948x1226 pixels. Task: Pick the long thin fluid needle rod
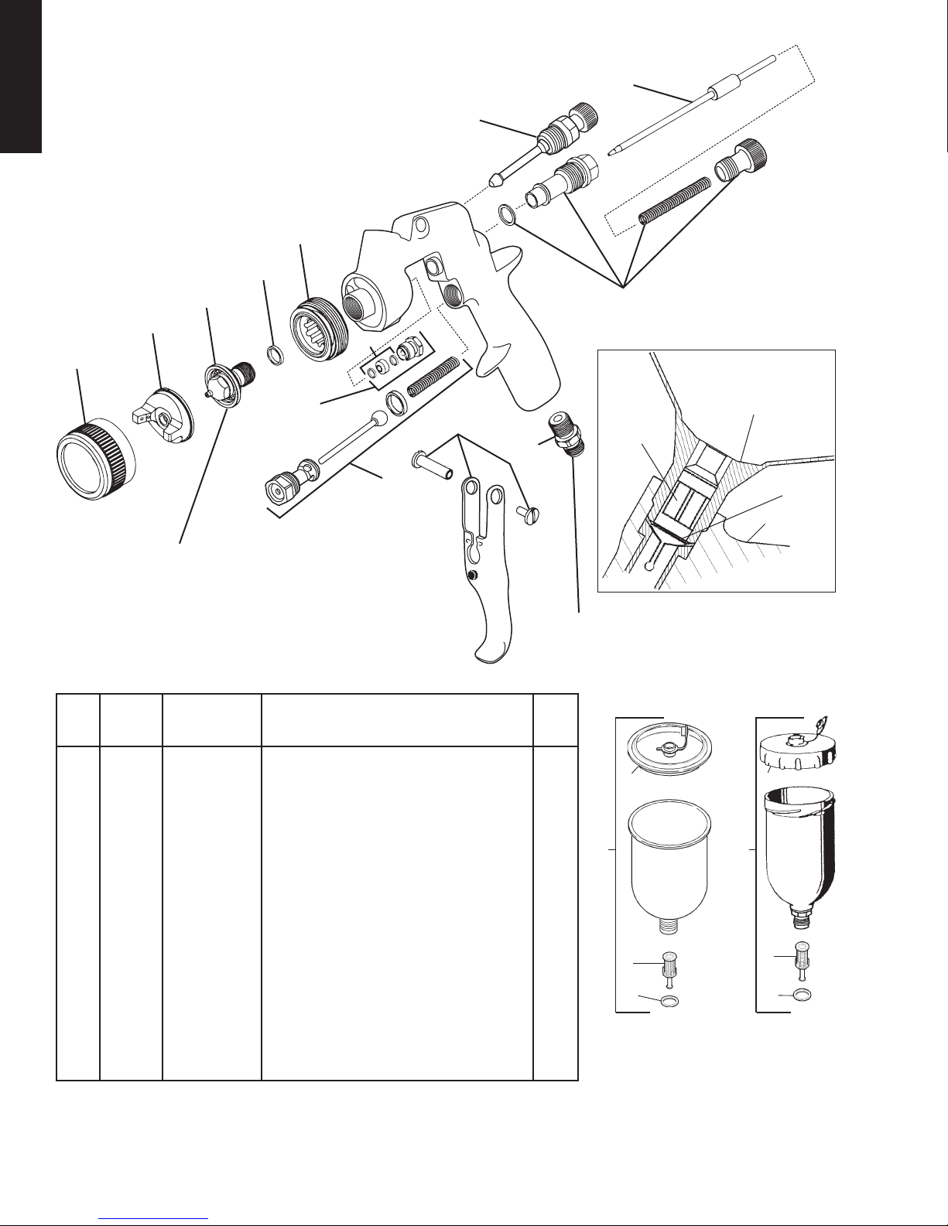coord(696,108)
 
